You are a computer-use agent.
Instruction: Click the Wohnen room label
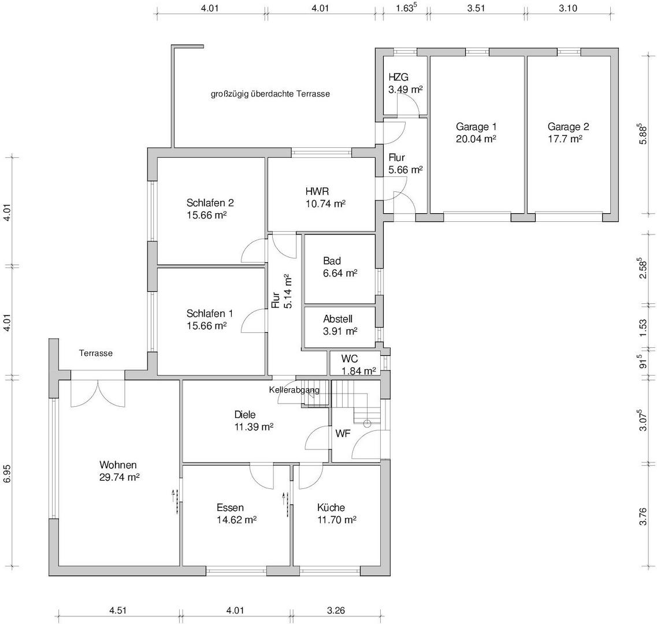click(118, 465)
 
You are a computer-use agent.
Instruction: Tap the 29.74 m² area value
click(119, 477)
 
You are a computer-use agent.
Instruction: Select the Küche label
click(331, 507)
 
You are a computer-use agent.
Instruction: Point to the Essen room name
click(230, 507)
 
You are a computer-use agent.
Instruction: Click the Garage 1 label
click(476, 127)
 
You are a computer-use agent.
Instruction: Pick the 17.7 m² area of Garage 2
click(565, 139)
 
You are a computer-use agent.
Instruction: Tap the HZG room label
click(398, 77)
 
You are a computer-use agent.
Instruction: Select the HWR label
click(317, 191)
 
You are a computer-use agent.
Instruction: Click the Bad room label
click(332, 261)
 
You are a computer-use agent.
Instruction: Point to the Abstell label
click(337, 319)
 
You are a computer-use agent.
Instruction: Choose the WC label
click(350, 359)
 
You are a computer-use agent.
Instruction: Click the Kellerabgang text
click(294, 390)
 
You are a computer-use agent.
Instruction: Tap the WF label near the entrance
click(343, 434)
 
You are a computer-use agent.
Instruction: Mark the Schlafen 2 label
click(210, 203)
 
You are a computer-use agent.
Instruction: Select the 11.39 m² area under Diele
click(254, 427)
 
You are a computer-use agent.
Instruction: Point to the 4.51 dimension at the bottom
click(118, 610)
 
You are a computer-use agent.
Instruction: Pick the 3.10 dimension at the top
click(568, 8)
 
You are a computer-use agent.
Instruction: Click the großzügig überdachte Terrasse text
click(270, 94)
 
